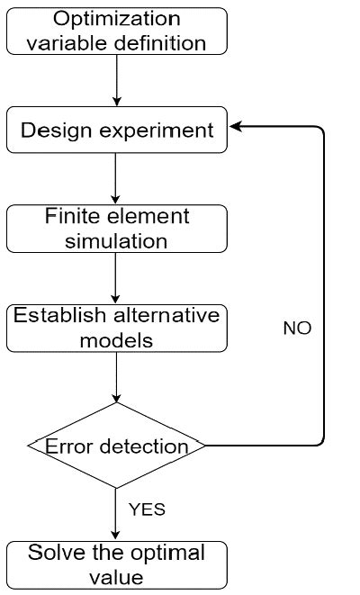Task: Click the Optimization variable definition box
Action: [x=116, y=30]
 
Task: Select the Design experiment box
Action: [x=116, y=131]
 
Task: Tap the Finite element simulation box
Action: [x=116, y=229]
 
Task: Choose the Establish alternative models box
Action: [x=116, y=328]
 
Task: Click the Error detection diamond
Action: [x=116, y=446]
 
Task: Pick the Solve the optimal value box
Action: [x=116, y=564]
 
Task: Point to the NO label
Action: [x=297, y=329]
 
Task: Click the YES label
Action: [x=148, y=509]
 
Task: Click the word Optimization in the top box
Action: [x=116, y=18]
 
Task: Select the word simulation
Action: [x=116, y=241]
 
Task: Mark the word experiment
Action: [x=160, y=131]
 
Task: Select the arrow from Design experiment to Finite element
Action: [x=116, y=178]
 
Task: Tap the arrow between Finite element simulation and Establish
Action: [x=116, y=278]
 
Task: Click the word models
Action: [x=116, y=341]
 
